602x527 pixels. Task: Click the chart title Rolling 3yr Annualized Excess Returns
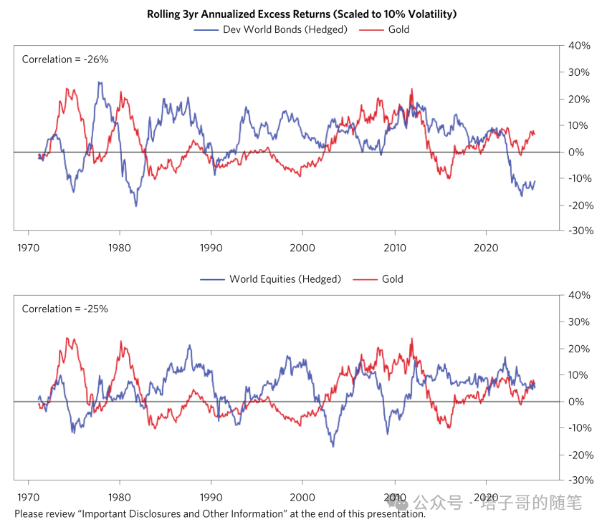[x=302, y=14]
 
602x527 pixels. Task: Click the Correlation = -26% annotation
[x=65, y=59]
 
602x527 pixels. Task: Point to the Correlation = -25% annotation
[x=65, y=309]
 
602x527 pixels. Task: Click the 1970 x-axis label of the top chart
[x=28, y=247]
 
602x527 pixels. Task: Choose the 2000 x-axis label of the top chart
[x=302, y=247]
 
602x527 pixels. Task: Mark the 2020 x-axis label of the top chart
[x=486, y=247]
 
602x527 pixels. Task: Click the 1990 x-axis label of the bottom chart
[x=211, y=496]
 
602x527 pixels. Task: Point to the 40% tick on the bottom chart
[x=578, y=296]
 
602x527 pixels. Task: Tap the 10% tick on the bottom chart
[x=578, y=374]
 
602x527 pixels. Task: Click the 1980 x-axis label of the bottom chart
[x=120, y=496]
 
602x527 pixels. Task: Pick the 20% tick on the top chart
[x=578, y=99]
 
